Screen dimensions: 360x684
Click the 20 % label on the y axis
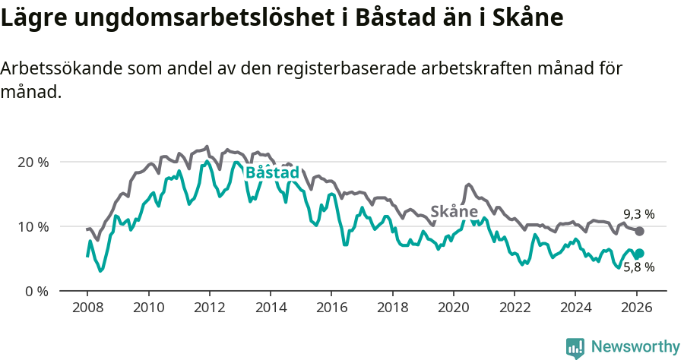[x=32, y=162]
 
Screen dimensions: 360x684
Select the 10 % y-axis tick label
[x=32, y=226]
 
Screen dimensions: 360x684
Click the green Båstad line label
[x=272, y=173]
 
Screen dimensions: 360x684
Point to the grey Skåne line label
[x=454, y=211]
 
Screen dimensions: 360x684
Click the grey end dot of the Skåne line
[x=639, y=231]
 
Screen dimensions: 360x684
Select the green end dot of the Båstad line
[x=639, y=254]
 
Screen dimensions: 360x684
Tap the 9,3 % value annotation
[x=638, y=214]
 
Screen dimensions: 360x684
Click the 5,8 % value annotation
[x=638, y=267]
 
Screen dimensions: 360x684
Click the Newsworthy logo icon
[x=575, y=347]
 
